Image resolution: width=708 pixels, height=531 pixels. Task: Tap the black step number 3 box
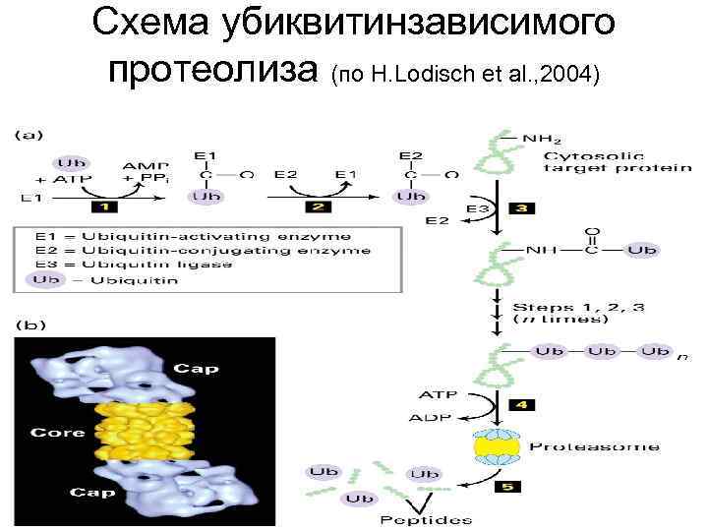(521, 208)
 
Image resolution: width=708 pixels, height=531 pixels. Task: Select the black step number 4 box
(519, 404)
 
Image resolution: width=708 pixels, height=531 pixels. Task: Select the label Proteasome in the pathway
(595, 446)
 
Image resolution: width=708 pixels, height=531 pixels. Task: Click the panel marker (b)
(29, 323)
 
